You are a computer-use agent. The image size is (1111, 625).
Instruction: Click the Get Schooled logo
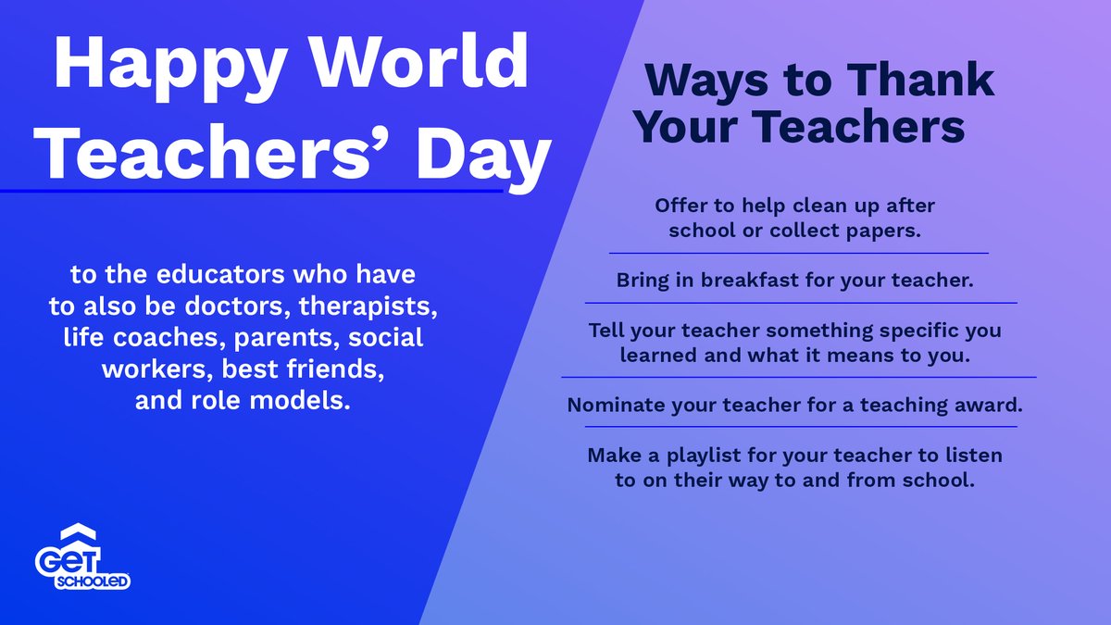(x=82, y=560)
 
